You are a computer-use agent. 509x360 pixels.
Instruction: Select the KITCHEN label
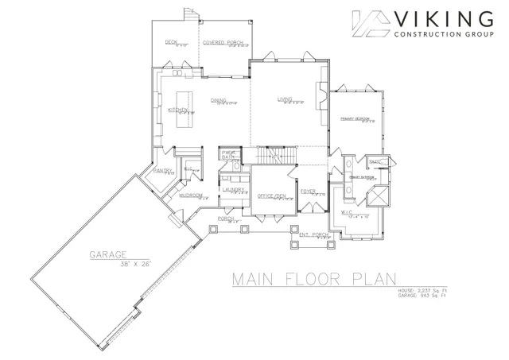coord(177,110)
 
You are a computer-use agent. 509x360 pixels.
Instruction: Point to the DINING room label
coord(219,100)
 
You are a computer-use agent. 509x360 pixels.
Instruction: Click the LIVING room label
coord(285,99)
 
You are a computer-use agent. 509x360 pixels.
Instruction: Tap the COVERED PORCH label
coord(222,42)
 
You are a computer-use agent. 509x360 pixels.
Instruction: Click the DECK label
coord(170,42)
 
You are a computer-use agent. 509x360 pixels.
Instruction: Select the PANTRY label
coord(164,170)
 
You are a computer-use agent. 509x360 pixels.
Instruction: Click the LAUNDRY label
coord(232,189)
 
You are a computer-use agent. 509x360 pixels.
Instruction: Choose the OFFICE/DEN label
coord(272,195)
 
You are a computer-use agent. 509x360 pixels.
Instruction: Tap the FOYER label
coord(309,192)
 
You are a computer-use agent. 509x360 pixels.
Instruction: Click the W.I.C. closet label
coord(347,212)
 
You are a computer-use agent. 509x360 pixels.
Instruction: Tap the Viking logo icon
coord(370,25)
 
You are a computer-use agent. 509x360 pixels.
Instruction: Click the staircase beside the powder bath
coord(274,154)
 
